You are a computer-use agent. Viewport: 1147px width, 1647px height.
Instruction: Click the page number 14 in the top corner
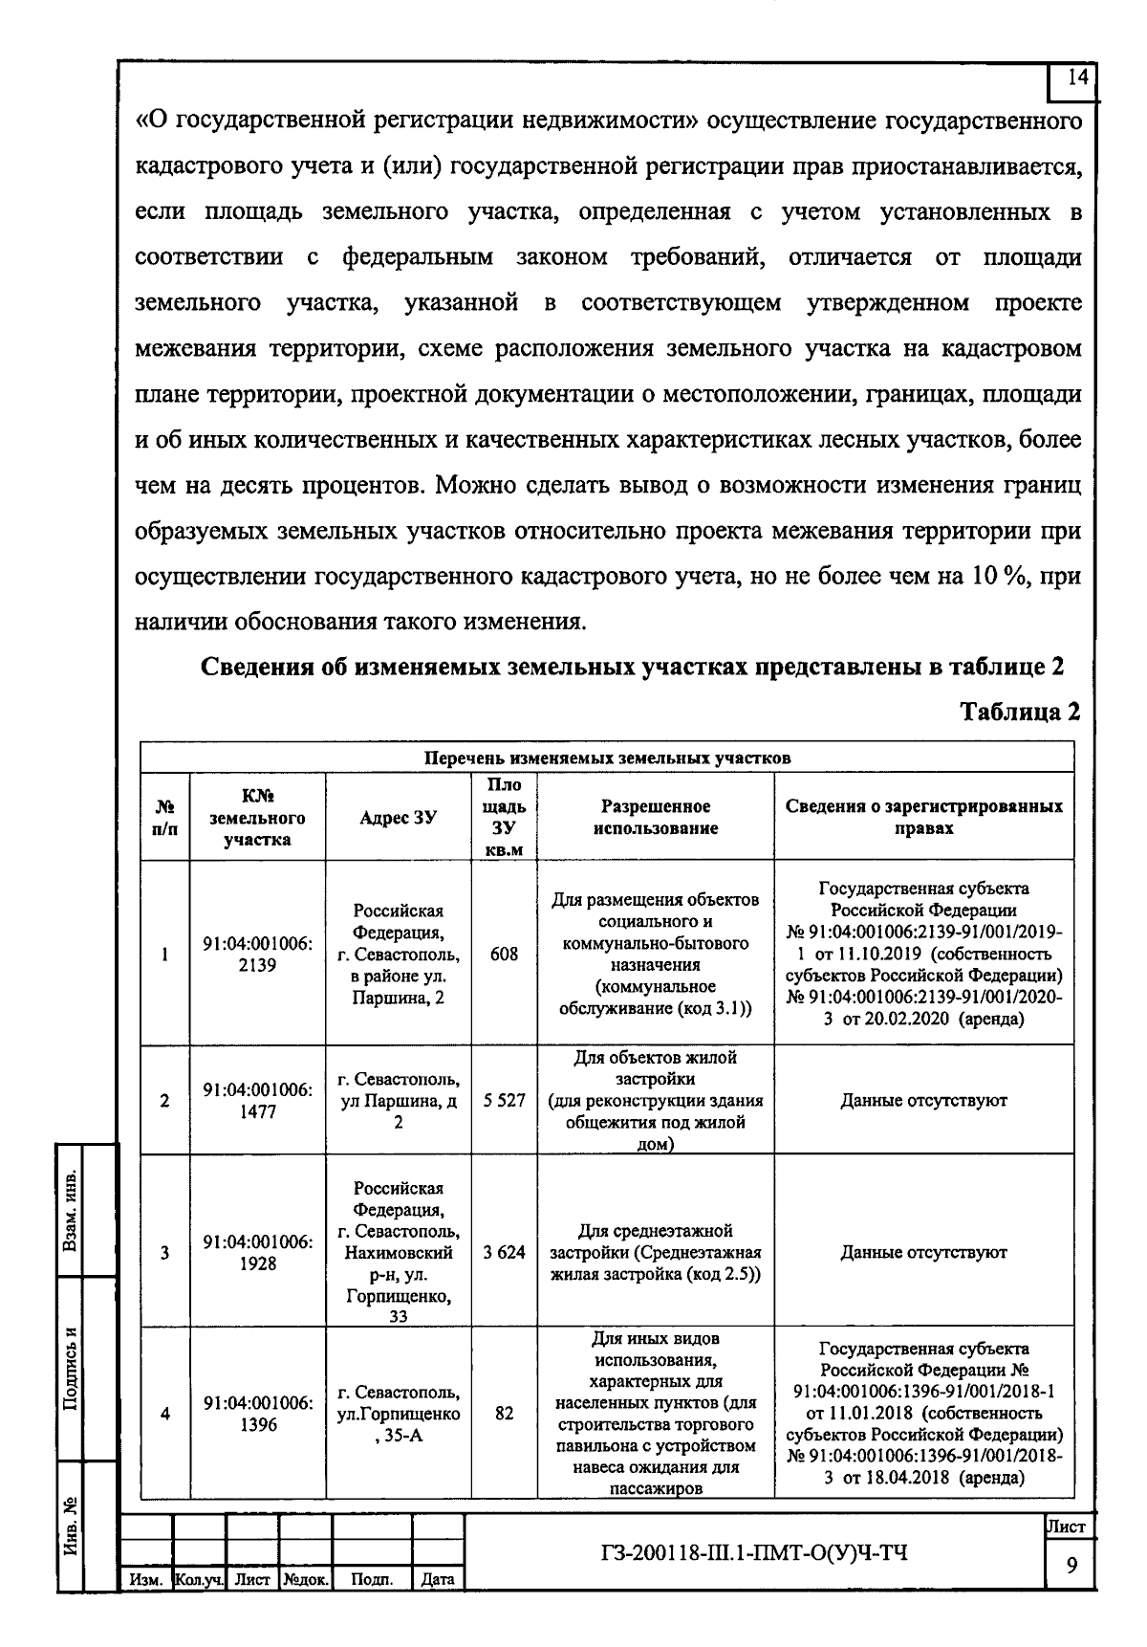(x=1076, y=79)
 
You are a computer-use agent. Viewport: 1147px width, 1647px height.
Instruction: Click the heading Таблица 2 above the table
(x=1020, y=713)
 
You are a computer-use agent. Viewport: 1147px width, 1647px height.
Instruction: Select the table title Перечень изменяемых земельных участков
(x=608, y=758)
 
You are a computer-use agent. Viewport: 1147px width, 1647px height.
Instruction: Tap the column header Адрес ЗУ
(x=398, y=817)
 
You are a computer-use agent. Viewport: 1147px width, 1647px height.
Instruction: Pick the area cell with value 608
(x=504, y=954)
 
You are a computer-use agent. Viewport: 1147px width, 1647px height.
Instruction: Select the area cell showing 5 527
(x=504, y=1101)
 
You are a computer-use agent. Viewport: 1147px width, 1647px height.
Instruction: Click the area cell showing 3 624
(x=504, y=1252)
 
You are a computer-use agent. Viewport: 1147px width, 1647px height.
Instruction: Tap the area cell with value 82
(x=504, y=1413)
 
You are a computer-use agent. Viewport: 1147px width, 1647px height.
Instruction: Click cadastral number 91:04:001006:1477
(x=257, y=1101)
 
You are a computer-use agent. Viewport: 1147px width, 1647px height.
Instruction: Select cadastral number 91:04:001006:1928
(x=257, y=1252)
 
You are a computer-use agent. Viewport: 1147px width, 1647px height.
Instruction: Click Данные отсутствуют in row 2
(x=923, y=1101)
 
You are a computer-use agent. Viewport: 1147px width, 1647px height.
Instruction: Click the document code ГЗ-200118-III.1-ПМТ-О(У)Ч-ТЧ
(x=750, y=1551)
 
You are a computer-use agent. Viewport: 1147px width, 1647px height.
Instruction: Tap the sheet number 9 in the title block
(x=1071, y=1565)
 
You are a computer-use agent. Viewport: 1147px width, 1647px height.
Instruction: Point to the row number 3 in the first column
(x=164, y=1252)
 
